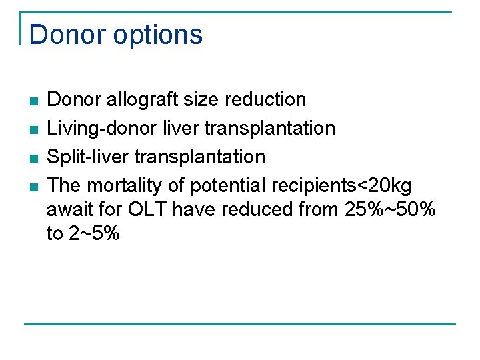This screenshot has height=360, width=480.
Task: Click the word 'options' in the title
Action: point(160,35)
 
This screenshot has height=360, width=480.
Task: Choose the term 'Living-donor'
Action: point(101,128)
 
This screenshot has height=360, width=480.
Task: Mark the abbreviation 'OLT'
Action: point(147,209)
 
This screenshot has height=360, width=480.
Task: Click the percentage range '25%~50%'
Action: point(391,209)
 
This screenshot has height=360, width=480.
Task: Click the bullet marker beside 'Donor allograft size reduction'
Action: point(33,101)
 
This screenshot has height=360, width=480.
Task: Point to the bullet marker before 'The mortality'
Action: point(33,186)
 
